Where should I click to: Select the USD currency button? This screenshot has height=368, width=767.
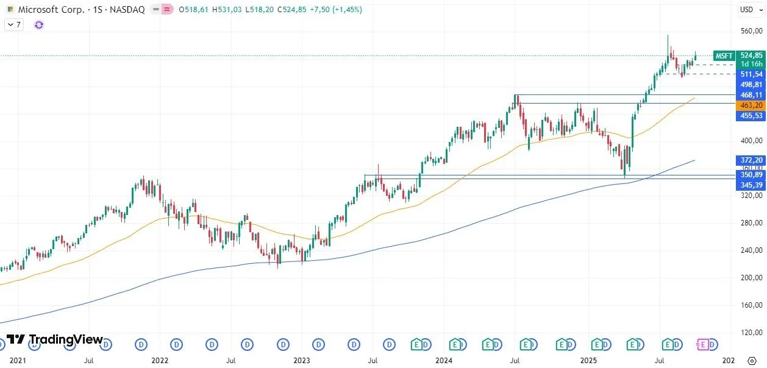click(x=747, y=9)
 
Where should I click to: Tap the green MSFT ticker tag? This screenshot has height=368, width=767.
click(x=724, y=55)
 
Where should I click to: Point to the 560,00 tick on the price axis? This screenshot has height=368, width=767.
click(x=751, y=31)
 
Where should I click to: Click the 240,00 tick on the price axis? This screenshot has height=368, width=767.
click(x=751, y=250)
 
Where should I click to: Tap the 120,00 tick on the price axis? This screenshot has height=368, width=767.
click(x=751, y=333)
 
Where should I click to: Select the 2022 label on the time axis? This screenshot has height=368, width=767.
click(x=160, y=361)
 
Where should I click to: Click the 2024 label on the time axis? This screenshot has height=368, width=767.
click(x=443, y=361)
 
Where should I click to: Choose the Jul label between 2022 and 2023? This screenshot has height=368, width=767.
click(x=230, y=361)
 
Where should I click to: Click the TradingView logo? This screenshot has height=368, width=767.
click(x=55, y=339)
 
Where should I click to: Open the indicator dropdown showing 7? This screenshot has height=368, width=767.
click(x=13, y=25)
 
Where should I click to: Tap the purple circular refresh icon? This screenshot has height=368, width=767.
click(x=39, y=25)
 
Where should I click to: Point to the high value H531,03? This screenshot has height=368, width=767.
click(x=228, y=10)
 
